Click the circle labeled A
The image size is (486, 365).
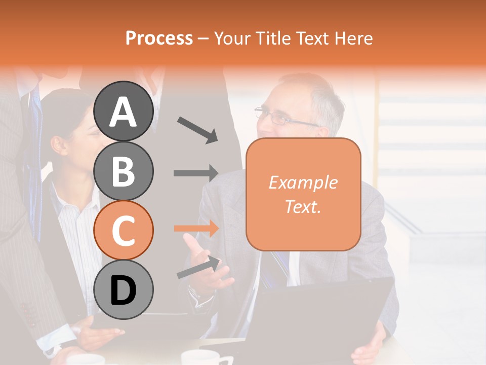(x=124, y=112)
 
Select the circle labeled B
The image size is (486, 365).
(x=124, y=171)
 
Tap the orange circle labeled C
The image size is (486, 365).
(x=124, y=230)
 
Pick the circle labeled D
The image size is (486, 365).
(x=124, y=289)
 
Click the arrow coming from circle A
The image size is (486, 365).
(x=197, y=129)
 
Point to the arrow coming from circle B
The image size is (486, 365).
(x=195, y=173)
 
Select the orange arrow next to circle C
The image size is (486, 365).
(x=195, y=229)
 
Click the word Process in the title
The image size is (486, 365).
(x=159, y=38)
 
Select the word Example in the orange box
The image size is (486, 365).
(x=303, y=182)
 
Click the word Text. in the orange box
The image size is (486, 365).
(x=303, y=206)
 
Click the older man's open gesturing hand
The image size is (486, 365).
(x=208, y=259)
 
